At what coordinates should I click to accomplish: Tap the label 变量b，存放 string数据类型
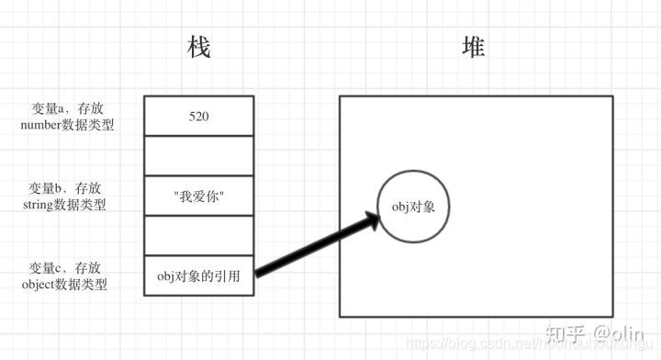67,197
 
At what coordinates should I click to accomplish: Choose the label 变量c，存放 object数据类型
67,276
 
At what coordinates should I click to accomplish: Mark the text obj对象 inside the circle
414,207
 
